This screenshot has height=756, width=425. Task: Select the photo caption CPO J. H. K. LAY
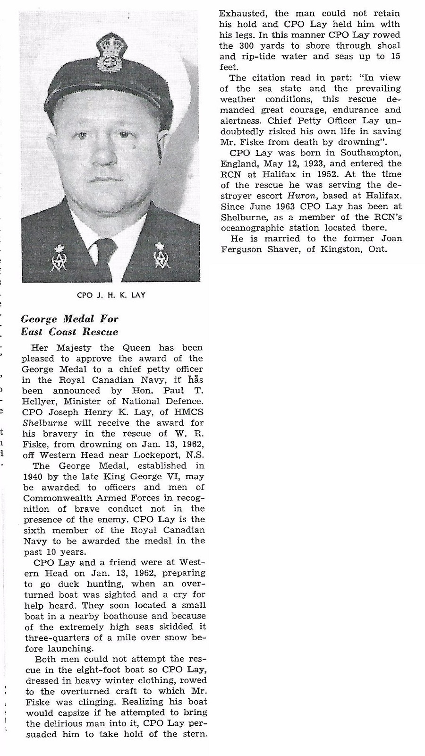tap(111, 295)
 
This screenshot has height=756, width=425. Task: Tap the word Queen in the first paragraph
tap(137, 348)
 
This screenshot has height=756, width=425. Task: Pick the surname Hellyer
tap(38, 402)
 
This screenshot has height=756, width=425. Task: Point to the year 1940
tap(33, 477)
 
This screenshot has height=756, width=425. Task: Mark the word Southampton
tap(373, 153)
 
